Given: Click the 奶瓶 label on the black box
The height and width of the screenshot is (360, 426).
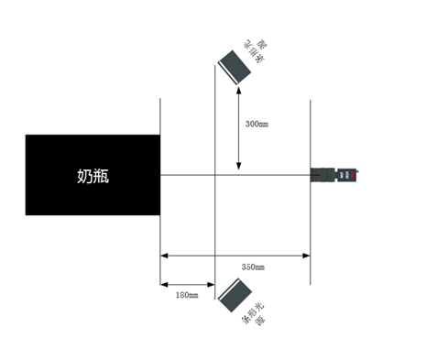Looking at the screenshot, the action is coord(93,176).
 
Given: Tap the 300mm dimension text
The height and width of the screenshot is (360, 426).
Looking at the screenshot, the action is coord(257,121).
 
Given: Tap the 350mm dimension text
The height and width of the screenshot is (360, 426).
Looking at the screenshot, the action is coord(254,267).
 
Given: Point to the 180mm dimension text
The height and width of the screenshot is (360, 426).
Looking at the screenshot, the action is coord(186,294).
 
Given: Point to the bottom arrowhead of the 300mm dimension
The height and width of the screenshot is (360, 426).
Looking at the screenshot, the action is coord(239,169).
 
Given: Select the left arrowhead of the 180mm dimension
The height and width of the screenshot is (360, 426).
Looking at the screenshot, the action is coord(165,284).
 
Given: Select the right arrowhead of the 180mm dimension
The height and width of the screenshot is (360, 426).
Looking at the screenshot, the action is coord(211,284).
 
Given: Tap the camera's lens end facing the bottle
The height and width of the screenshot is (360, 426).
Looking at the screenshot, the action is coord(313,173).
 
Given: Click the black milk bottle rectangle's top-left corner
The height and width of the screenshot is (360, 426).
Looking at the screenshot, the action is coord(27,136).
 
